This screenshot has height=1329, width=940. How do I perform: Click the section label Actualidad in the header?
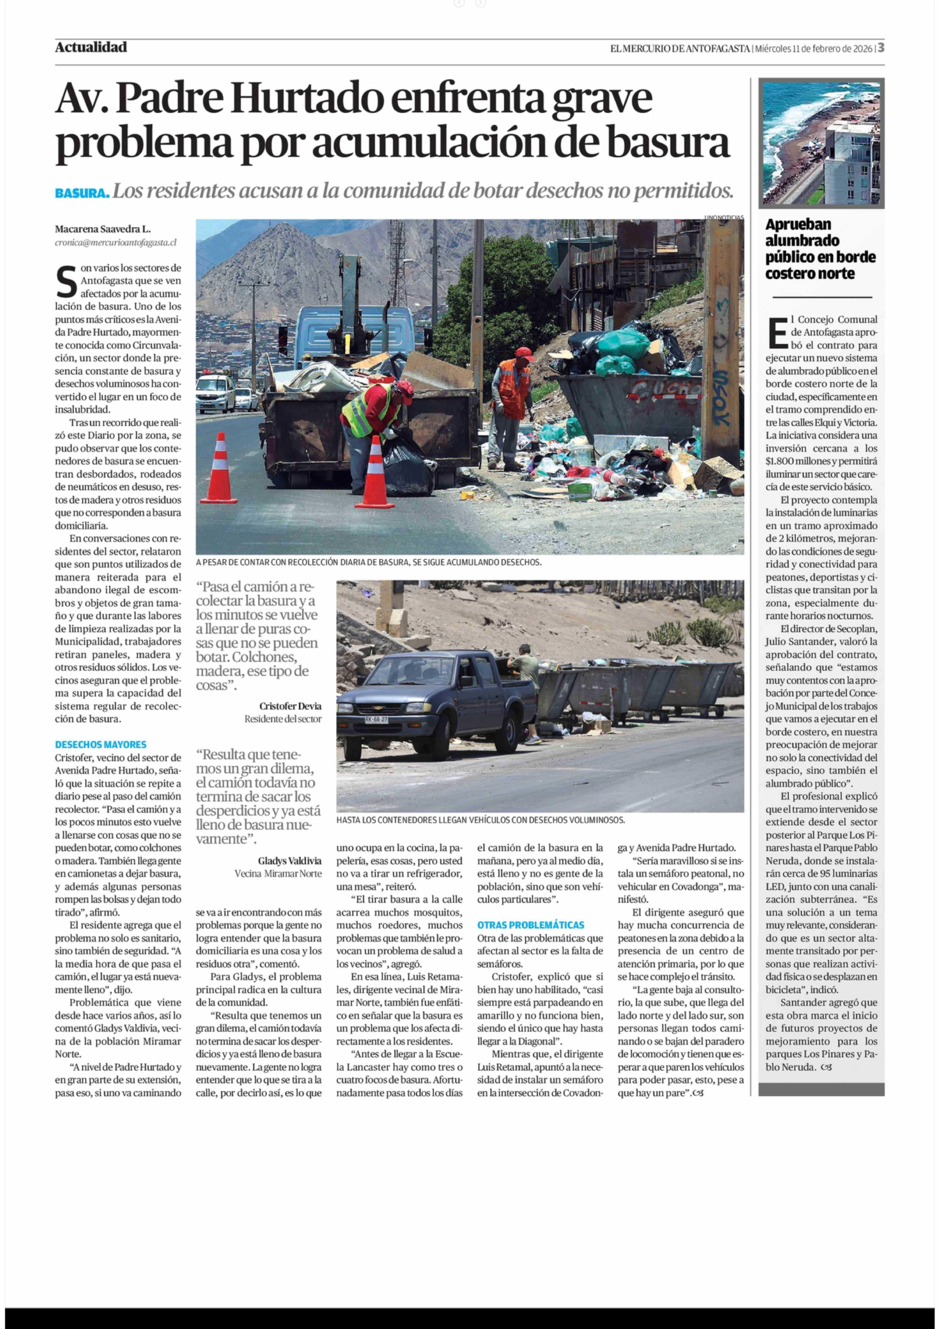click(x=91, y=47)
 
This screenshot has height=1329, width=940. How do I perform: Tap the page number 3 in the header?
click(x=880, y=48)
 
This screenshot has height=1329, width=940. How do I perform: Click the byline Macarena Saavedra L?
click(x=102, y=229)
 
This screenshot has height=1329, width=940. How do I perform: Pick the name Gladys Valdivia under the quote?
click(x=289, y=861)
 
